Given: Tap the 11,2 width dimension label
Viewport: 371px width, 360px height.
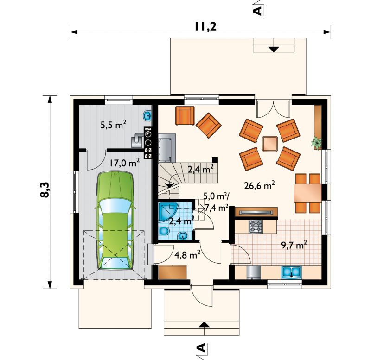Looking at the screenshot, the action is (x=205, y=27).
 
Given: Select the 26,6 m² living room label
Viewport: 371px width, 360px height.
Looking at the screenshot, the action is (x=259, y=186).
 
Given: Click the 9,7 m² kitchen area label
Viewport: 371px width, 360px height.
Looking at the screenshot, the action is (x=294, y=245).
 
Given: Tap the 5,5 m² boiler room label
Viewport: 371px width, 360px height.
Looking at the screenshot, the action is (x=113, y=125).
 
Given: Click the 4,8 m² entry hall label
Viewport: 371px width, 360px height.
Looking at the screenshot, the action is (x=188, y=255).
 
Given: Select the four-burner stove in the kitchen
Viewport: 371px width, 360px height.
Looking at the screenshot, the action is (x=256, y=226).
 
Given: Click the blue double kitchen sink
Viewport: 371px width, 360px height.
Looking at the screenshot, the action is (x=291, y=272).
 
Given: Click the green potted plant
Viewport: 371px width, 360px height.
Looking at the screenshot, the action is (x=317, y=142).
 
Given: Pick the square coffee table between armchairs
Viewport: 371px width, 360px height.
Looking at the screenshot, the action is (x=270, y=144).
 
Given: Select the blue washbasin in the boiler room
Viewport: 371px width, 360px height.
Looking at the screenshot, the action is (x=147, y=116).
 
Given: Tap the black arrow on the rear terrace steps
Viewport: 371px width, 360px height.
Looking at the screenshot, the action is (x=274, y=49).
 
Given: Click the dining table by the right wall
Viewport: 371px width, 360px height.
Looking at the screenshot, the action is (x=307, y=193).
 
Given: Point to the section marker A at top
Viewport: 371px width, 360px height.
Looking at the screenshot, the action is (x=257, y=10).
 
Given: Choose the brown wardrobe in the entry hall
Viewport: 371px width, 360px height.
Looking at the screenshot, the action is (x=173, y=272).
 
